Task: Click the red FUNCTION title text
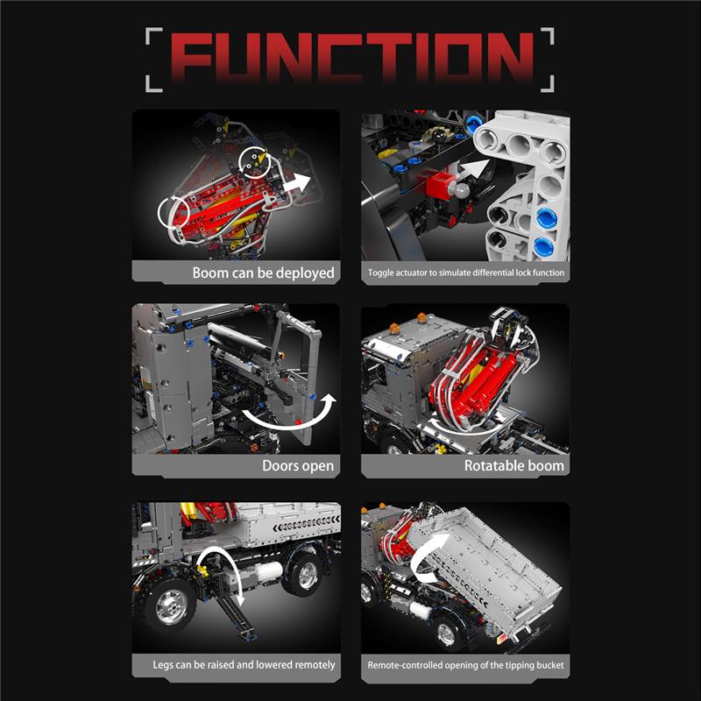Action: click(352, 57)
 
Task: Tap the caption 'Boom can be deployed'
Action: click(264, 273)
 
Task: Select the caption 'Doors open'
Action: click(298, 466)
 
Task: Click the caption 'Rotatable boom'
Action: click(513, 466)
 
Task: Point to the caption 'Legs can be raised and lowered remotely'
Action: click(244, 665)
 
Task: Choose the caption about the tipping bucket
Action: click(465, 665)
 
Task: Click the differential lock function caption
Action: click(466, 273)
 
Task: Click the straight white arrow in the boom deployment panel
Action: click(296, 183)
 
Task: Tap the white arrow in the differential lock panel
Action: click(475, 169)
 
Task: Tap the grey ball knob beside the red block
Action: click(461, 190)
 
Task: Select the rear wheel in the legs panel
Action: click(308, 575)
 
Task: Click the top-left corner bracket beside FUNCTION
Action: click(154, 36)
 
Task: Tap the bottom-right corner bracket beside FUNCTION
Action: click(547, 83)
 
